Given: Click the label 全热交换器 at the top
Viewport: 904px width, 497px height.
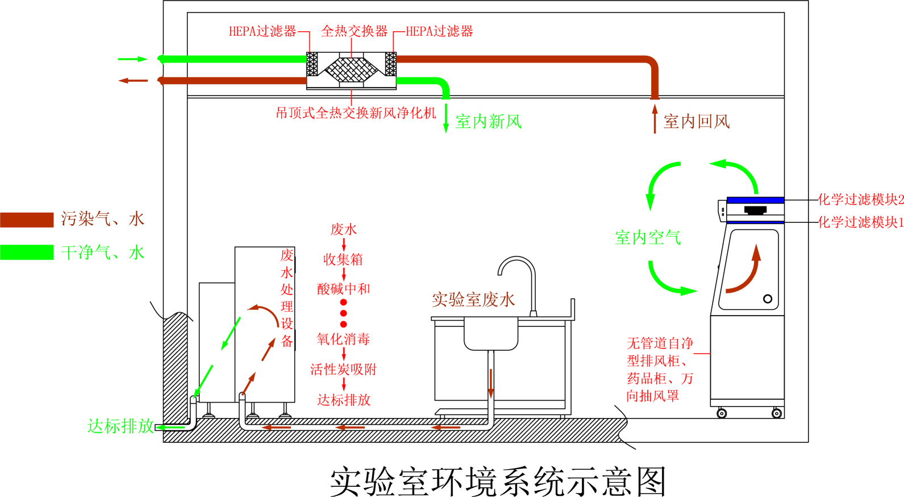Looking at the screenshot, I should click(354, 31).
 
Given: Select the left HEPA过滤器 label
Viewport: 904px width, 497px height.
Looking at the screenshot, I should click(262, 31).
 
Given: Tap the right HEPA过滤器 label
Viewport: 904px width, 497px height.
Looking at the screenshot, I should click(439, 31).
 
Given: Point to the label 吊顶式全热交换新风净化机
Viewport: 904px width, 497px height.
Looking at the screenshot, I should click(356, 113).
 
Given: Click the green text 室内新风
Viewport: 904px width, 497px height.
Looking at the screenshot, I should click(488, 121).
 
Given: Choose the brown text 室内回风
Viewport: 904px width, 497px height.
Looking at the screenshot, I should click(697, 121).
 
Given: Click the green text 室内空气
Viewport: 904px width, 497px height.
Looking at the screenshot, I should click(647, 238).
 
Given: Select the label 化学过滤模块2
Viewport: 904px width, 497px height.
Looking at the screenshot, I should click(860, 200).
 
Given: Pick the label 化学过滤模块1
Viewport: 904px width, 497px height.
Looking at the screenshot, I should click(860, 222).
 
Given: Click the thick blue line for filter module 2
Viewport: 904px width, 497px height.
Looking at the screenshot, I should click(755, 200).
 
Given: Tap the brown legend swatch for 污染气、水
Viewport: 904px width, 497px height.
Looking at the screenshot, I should click(27, 219).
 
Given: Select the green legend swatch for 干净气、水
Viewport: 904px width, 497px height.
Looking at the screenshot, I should click(27, 252).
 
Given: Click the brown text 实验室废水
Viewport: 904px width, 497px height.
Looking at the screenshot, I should click(473, 300).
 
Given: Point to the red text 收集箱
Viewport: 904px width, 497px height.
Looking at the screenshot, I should click(343, 260).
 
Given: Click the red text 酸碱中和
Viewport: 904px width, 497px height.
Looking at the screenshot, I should click(343, 289).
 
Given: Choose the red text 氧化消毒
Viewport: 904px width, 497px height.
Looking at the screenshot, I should click(343, 339).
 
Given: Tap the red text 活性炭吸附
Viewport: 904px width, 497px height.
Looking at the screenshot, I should click(343, 370).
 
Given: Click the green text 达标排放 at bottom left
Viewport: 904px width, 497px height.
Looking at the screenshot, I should click(120, 426).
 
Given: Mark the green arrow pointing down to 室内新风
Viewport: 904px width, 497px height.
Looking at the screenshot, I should click(445, 118).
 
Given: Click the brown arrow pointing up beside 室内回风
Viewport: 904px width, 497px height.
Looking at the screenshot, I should click(655, 118).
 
